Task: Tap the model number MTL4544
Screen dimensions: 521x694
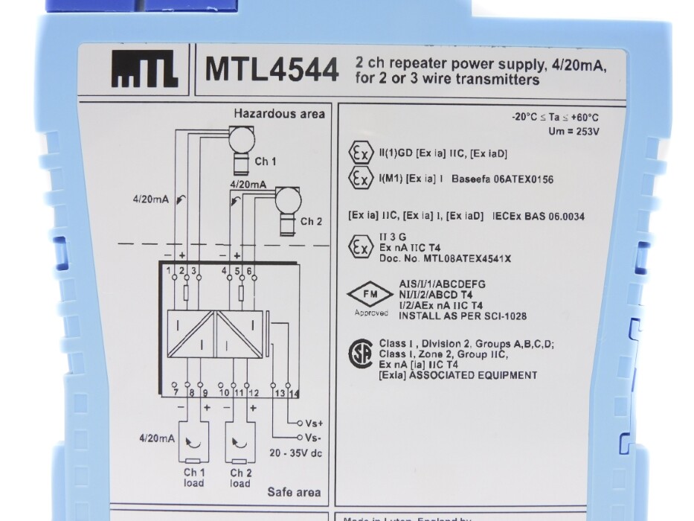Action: (x=272, y=71)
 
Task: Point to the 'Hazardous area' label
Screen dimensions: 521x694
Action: (x=279, y=114)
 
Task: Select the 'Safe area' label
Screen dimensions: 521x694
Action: (x=295, y=492)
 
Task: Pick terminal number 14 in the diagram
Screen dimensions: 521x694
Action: (x=295, y=392)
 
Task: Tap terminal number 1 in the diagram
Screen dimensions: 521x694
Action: (x=170, y=269)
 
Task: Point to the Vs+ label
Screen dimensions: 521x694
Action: (x=312, y=422)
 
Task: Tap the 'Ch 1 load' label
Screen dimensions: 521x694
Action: (x=193, y=478)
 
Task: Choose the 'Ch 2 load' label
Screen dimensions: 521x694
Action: (x=240, y=478)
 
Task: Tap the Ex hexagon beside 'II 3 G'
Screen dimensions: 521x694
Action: (x=361, y=246)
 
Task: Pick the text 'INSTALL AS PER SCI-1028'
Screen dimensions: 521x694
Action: (x=463, y=316)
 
